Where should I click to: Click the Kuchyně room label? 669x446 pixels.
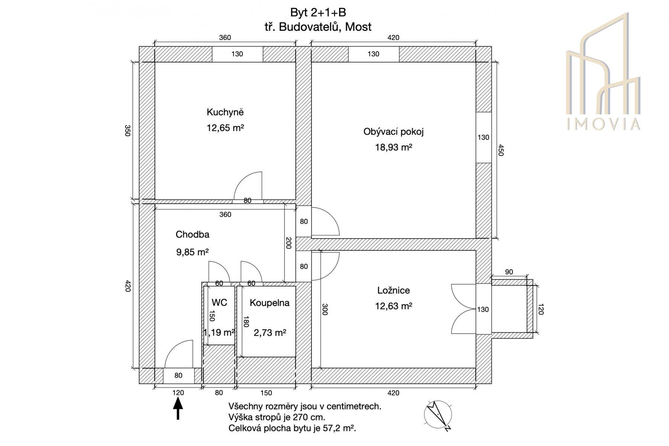tap(225, 112)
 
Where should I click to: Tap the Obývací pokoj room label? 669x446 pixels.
tap(394, 132)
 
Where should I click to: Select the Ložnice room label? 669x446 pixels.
tap(394, 290)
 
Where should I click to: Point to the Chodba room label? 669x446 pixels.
tap(193, 235)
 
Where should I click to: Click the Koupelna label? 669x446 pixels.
tap(269, 303)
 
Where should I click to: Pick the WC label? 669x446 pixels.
tap(219, 303)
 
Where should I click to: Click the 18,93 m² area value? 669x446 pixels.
tap(394, 148)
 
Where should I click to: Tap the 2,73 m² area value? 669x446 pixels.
tap(270, 333)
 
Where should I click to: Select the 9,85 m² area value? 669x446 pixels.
tap(193, 252)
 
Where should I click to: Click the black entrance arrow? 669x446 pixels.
tap(178, 408)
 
